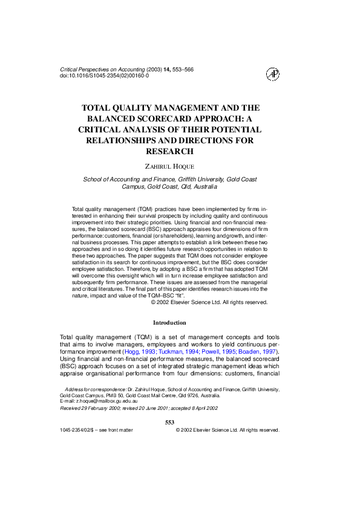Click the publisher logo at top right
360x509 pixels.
pyautogui.click(x=273, y=74)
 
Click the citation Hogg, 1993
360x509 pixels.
pyautogui.click(x=140, y=351)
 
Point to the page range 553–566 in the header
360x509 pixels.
pyautogui.click(x=182, y=70)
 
